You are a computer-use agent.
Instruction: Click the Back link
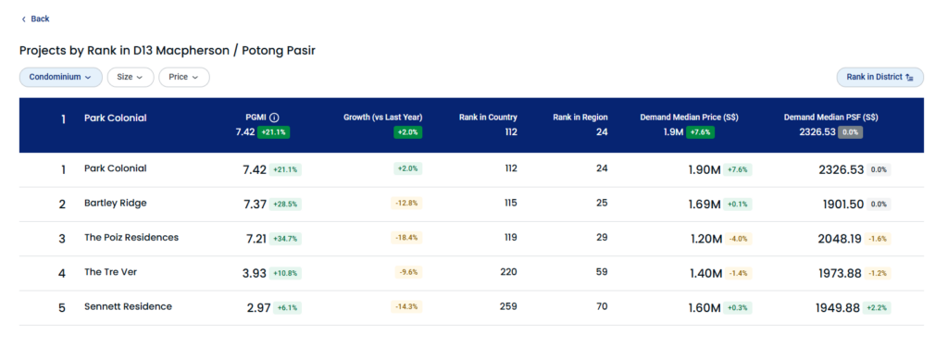tap(36, 19)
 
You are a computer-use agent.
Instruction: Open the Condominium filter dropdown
tap(60, 78)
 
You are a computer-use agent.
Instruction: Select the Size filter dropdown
tap(130, 78)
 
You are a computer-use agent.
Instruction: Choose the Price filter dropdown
tap(184, 78)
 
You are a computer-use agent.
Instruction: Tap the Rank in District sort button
tap(879, 78)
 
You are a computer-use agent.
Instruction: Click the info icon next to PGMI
tap(274, 118)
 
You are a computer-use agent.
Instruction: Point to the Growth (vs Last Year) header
tap(382, 118)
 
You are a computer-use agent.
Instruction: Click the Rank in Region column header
tap(580, 118)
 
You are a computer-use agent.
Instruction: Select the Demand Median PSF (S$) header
tap(830, 118)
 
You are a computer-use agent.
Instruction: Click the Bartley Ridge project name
tap(116, 204)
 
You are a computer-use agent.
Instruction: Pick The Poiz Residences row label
tap(131, 238)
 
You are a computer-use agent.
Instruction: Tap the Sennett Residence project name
tap(128, 307)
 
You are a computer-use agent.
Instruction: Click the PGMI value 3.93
tap(255, 274)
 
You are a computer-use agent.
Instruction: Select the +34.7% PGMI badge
tap(285, 239)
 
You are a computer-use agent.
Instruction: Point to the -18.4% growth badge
tap(406, 238)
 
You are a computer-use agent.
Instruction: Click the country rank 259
tap(508, 307)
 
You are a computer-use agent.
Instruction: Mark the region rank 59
tap(602, 272)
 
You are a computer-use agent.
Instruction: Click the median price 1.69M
tap(705, 205)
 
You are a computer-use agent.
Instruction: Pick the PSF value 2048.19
tap(840, 239)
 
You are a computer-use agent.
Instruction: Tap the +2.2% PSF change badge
tap(877, 308)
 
